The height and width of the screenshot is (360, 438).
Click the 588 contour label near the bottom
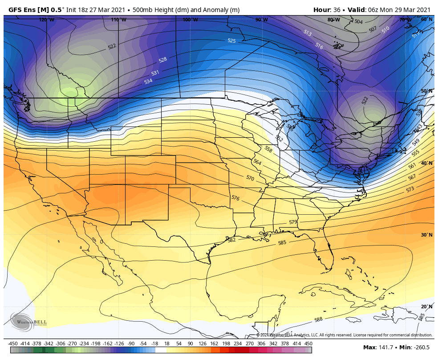[318, 319]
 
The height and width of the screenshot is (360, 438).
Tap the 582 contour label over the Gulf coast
[231, 240]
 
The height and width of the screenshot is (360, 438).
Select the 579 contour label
[292, 222]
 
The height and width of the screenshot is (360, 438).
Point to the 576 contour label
[235, 198]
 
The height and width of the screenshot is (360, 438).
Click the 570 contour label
[250, 178]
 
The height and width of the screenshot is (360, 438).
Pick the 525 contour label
[231, 41]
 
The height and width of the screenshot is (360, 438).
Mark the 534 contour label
[148, 81]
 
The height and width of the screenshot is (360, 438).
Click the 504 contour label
[358, 22]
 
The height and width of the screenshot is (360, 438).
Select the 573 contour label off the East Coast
[410, 189]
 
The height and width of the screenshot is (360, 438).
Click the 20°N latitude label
[426, 307]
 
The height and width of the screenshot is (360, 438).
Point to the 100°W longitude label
[190, 20]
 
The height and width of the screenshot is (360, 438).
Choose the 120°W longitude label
[46, 20]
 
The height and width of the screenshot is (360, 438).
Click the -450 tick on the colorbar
[13, 343]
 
